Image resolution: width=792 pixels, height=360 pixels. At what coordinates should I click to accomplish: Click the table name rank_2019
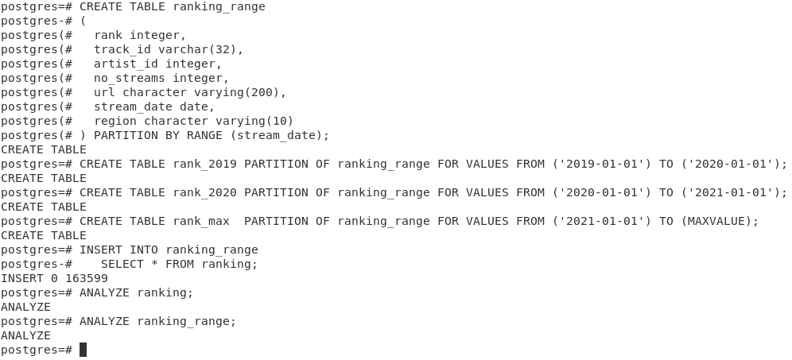204,164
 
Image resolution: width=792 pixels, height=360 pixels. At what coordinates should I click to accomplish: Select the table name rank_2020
204,192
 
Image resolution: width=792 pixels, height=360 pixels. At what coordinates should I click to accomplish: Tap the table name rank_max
201,221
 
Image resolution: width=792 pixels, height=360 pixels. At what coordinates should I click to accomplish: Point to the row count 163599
87,278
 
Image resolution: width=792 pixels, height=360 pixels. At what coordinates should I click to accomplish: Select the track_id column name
122,49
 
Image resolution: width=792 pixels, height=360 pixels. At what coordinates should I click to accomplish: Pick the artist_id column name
126,64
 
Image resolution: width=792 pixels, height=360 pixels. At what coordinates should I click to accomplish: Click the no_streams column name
130,78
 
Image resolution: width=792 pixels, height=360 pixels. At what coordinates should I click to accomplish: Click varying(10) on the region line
254,121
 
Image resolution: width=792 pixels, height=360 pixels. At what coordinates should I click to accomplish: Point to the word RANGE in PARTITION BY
205,135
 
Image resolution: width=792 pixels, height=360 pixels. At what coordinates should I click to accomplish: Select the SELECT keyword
122,264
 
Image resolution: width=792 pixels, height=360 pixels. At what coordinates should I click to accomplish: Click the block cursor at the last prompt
83,350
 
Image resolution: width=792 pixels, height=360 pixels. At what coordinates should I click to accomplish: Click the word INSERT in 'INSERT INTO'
101,250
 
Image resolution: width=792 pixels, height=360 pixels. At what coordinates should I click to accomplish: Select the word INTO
144,250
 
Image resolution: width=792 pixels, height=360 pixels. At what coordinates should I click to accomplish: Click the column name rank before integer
108,35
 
